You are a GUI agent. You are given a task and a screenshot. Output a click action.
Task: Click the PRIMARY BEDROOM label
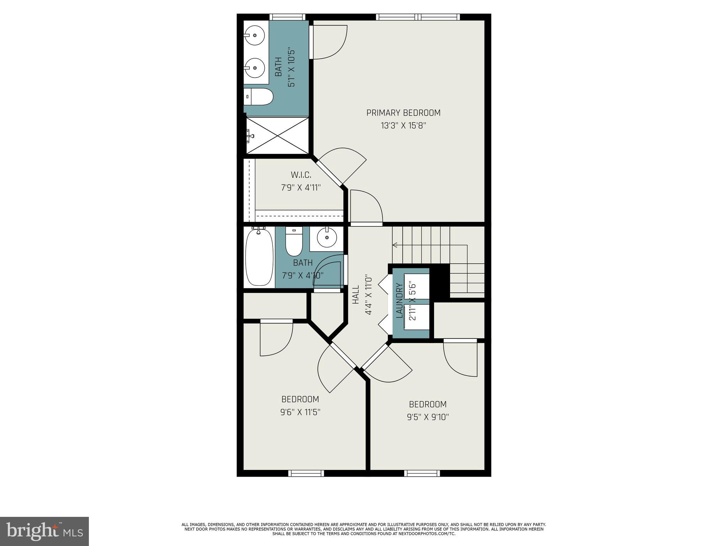pos(403,113)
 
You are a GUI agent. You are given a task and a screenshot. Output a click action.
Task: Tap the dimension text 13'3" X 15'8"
pos(403,126)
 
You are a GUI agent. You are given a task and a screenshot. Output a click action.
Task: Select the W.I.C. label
pos(301,175)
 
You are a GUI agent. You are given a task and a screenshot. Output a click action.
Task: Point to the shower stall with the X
pos(278,135)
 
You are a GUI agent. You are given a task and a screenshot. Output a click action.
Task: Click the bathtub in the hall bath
pos(259,257)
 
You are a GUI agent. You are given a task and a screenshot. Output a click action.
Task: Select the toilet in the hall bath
pos(294,242)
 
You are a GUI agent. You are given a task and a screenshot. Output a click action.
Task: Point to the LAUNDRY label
pos(399,300)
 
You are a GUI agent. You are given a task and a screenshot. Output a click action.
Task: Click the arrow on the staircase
pos(395,245)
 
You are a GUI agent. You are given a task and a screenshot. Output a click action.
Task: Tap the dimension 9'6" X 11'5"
pos(300,412)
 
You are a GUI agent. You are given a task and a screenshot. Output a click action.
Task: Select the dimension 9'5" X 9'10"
pos(428,417)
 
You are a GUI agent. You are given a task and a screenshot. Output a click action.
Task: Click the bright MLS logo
pos(44,531)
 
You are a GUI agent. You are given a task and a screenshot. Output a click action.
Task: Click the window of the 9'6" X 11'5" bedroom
pos(306,473)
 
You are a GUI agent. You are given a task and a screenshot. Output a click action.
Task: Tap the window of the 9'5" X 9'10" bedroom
pos(422,473)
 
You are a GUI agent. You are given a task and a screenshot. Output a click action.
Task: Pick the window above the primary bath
pos(287,17)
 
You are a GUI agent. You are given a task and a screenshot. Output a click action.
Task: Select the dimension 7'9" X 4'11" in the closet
pos(301,188)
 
